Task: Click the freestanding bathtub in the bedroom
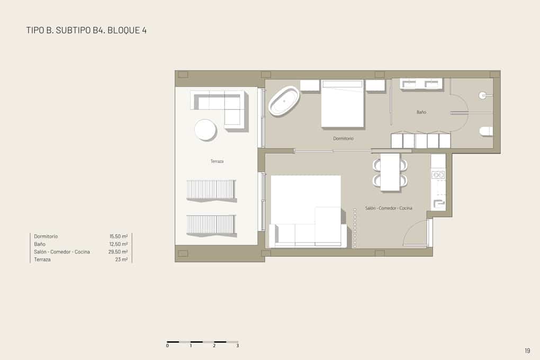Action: click(284, 101)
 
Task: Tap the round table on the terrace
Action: click(205, 129)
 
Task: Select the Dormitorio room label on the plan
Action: click(343, 139)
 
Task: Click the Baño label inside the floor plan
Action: click(421, 112)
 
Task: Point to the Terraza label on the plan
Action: click(217, 161)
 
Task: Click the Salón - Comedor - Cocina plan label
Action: click(389, 209)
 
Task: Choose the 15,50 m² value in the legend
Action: click(118, 236)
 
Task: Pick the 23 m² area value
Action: click(121, 260)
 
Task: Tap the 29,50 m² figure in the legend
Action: click(118, 252)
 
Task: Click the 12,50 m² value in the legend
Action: click(118, 244)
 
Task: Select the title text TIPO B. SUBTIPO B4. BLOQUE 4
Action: click(86, 30)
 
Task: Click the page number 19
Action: click(527, 350)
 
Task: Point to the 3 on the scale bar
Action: click(238, 346)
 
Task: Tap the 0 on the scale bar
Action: click(167, 346)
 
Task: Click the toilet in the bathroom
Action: click(486, 131)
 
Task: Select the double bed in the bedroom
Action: click(343, 104)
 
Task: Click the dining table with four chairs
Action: click(390, 172)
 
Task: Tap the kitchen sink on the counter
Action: click(438, 174)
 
